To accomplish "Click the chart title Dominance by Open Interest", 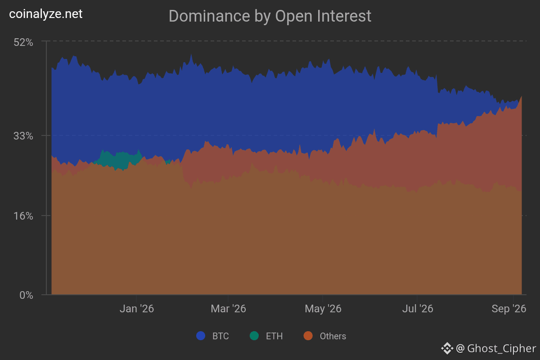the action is (x=270, y=16).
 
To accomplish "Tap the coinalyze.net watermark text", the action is (x=46, y=14).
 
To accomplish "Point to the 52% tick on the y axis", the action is (x=23, y=42).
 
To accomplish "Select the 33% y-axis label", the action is (x=23, y=136).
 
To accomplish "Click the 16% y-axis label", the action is (x=23, y=216).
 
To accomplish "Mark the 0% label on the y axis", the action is (x=26, y=295).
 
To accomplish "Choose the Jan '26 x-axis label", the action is (x=137, y=309).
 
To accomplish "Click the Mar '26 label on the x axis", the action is (x=228, y=309).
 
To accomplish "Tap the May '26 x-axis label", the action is (x=323, y=309).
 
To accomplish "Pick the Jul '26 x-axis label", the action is (x=418, y=309).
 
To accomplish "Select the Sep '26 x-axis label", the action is (x=509, y=309).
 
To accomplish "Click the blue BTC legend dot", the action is (x=201, y=336).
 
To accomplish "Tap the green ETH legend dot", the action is (x=254, y=336).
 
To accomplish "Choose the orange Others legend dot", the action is (x=308, y=336).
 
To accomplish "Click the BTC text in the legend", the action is (x=220, y=336).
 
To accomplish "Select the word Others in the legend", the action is (x=333, y=336).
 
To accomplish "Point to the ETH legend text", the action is (x=274, y=336).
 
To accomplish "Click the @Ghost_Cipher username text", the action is (x=496, y=349).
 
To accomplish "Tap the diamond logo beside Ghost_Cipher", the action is (x=447, y=349).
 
